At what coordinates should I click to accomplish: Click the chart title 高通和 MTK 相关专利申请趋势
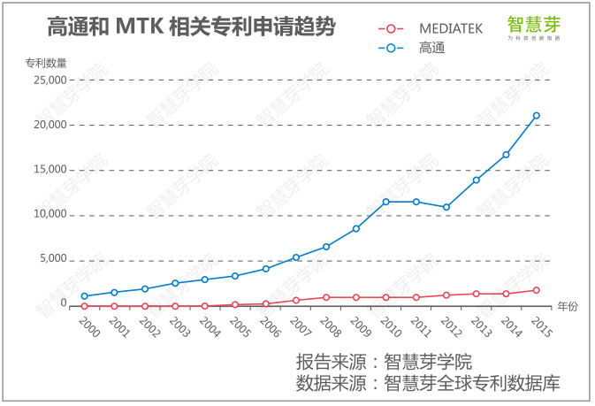click(191, 27)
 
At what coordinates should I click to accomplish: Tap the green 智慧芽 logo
click(533, 26)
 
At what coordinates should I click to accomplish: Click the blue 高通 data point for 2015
click(537, 116)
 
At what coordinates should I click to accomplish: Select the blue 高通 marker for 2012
click(446, 207)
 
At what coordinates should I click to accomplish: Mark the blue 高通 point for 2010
click(385, 202)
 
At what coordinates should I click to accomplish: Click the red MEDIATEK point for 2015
click(537, 290)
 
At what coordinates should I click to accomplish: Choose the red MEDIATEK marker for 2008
click(325, 297)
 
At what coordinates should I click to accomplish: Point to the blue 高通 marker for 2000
click(84, 296)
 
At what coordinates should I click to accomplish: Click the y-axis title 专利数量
click(45, 63)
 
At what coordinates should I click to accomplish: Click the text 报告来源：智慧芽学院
click(385, 362)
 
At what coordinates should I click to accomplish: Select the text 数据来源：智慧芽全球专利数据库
click(429, 383)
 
